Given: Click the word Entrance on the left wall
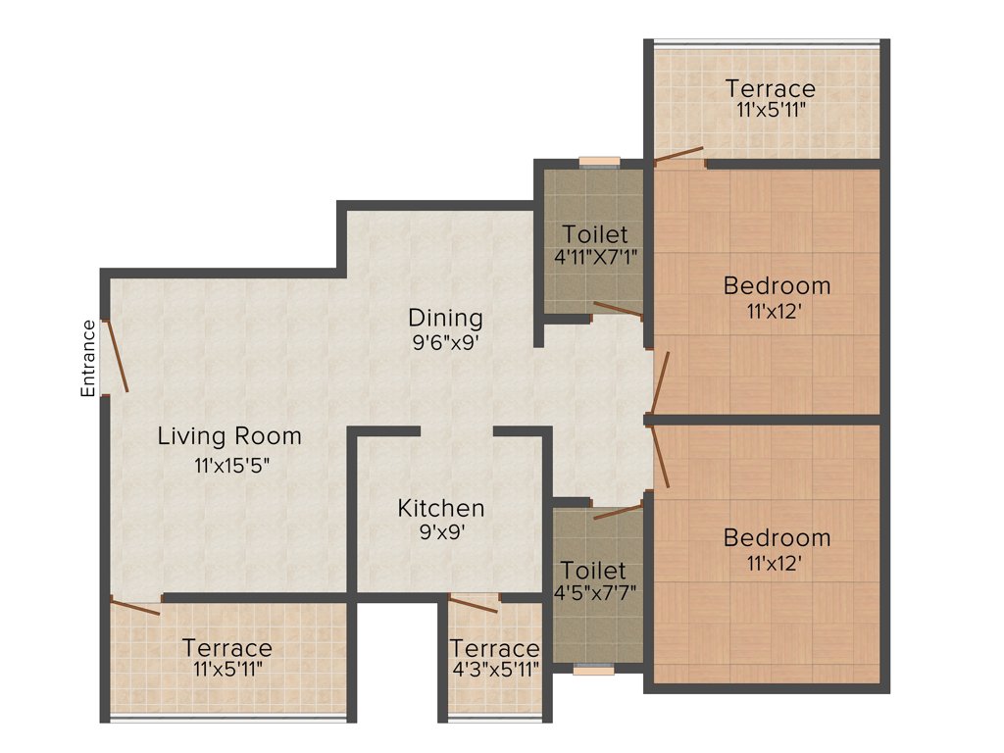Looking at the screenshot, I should [88, 358].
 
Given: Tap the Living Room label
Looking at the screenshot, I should [229, 435].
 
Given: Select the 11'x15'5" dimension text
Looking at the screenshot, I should [231, 466].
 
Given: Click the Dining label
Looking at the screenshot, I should [445, 318].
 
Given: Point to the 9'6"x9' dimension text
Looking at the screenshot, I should [445, 344].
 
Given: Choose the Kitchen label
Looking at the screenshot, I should [440, 508].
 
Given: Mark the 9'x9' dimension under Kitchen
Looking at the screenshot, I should [440, 534].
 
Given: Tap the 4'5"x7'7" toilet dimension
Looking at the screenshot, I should [593, 595].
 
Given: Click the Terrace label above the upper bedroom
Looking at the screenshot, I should [770, 89].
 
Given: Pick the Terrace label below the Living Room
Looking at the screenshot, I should [226, 648].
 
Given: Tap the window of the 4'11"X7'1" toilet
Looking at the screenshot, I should [598, 162].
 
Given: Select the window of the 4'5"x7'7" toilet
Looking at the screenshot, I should [593, 671].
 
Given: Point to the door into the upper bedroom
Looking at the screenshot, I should [661, 383].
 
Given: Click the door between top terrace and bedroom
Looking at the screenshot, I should [679, 154].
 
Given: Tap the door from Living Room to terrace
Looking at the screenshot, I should [135, 607].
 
